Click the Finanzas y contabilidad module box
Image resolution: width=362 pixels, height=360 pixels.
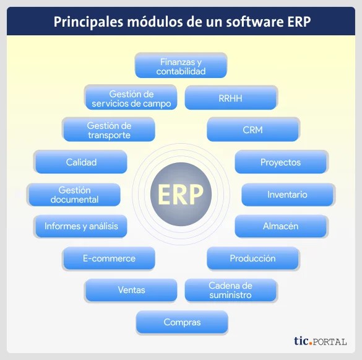(181, 66)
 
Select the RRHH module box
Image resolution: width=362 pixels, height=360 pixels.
(231, 98)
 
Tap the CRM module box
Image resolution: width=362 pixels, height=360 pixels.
(253, 130)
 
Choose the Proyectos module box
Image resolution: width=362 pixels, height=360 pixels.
(282, 162)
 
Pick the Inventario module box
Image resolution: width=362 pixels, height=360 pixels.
(288, 195)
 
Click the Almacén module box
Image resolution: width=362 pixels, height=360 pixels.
(282, 226)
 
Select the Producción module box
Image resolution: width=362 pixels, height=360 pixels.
(253, 258)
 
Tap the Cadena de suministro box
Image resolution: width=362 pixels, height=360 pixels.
(231, 291)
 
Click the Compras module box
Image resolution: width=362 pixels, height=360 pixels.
(182, 323)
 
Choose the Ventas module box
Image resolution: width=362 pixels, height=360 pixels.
(131, 291)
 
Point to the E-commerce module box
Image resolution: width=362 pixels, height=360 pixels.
(108, 258)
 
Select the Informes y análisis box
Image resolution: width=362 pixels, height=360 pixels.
(80, 226)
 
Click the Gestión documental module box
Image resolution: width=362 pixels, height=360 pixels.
(74, 195)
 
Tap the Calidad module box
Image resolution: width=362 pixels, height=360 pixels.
(80, 162)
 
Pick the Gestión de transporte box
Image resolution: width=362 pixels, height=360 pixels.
(108, 130)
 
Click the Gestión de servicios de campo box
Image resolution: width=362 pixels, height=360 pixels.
(131, 97)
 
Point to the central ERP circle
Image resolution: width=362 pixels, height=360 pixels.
(181, 194)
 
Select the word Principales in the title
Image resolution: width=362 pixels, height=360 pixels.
(88, 22)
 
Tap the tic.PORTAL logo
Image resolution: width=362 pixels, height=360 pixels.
(321, 341)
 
